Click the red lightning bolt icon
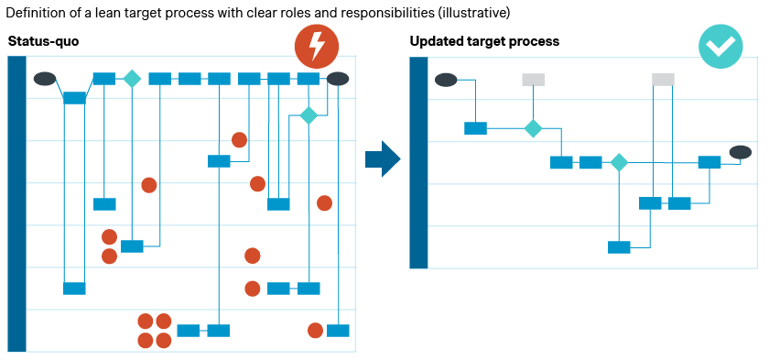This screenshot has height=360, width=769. coord(317,46)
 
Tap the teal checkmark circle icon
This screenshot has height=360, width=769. coord(720,46)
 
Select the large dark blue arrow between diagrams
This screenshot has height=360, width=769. coord(383,158)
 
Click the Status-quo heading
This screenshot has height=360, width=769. coord(43,41)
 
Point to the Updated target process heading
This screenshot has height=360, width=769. coord(484,41)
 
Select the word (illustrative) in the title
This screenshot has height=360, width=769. coord(474,13)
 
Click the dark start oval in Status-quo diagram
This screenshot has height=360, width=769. coord(45,79)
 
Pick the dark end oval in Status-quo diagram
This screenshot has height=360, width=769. coord(338,79)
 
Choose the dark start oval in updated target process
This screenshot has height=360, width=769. coord(446,80)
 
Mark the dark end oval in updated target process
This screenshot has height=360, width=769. coord(740,152)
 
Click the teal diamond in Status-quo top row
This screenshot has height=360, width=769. coord(132,79)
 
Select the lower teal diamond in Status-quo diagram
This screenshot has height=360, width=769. coord(309,115)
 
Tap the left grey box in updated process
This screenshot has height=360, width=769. coord(533,80)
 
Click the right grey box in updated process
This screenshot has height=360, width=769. coord(663,80)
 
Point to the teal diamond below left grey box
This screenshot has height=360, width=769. coord(533,128)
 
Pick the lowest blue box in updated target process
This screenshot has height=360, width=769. coord(619,247)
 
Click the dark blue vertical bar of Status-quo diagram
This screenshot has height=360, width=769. coord(17,203)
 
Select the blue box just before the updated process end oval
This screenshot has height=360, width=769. coord(709,162)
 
